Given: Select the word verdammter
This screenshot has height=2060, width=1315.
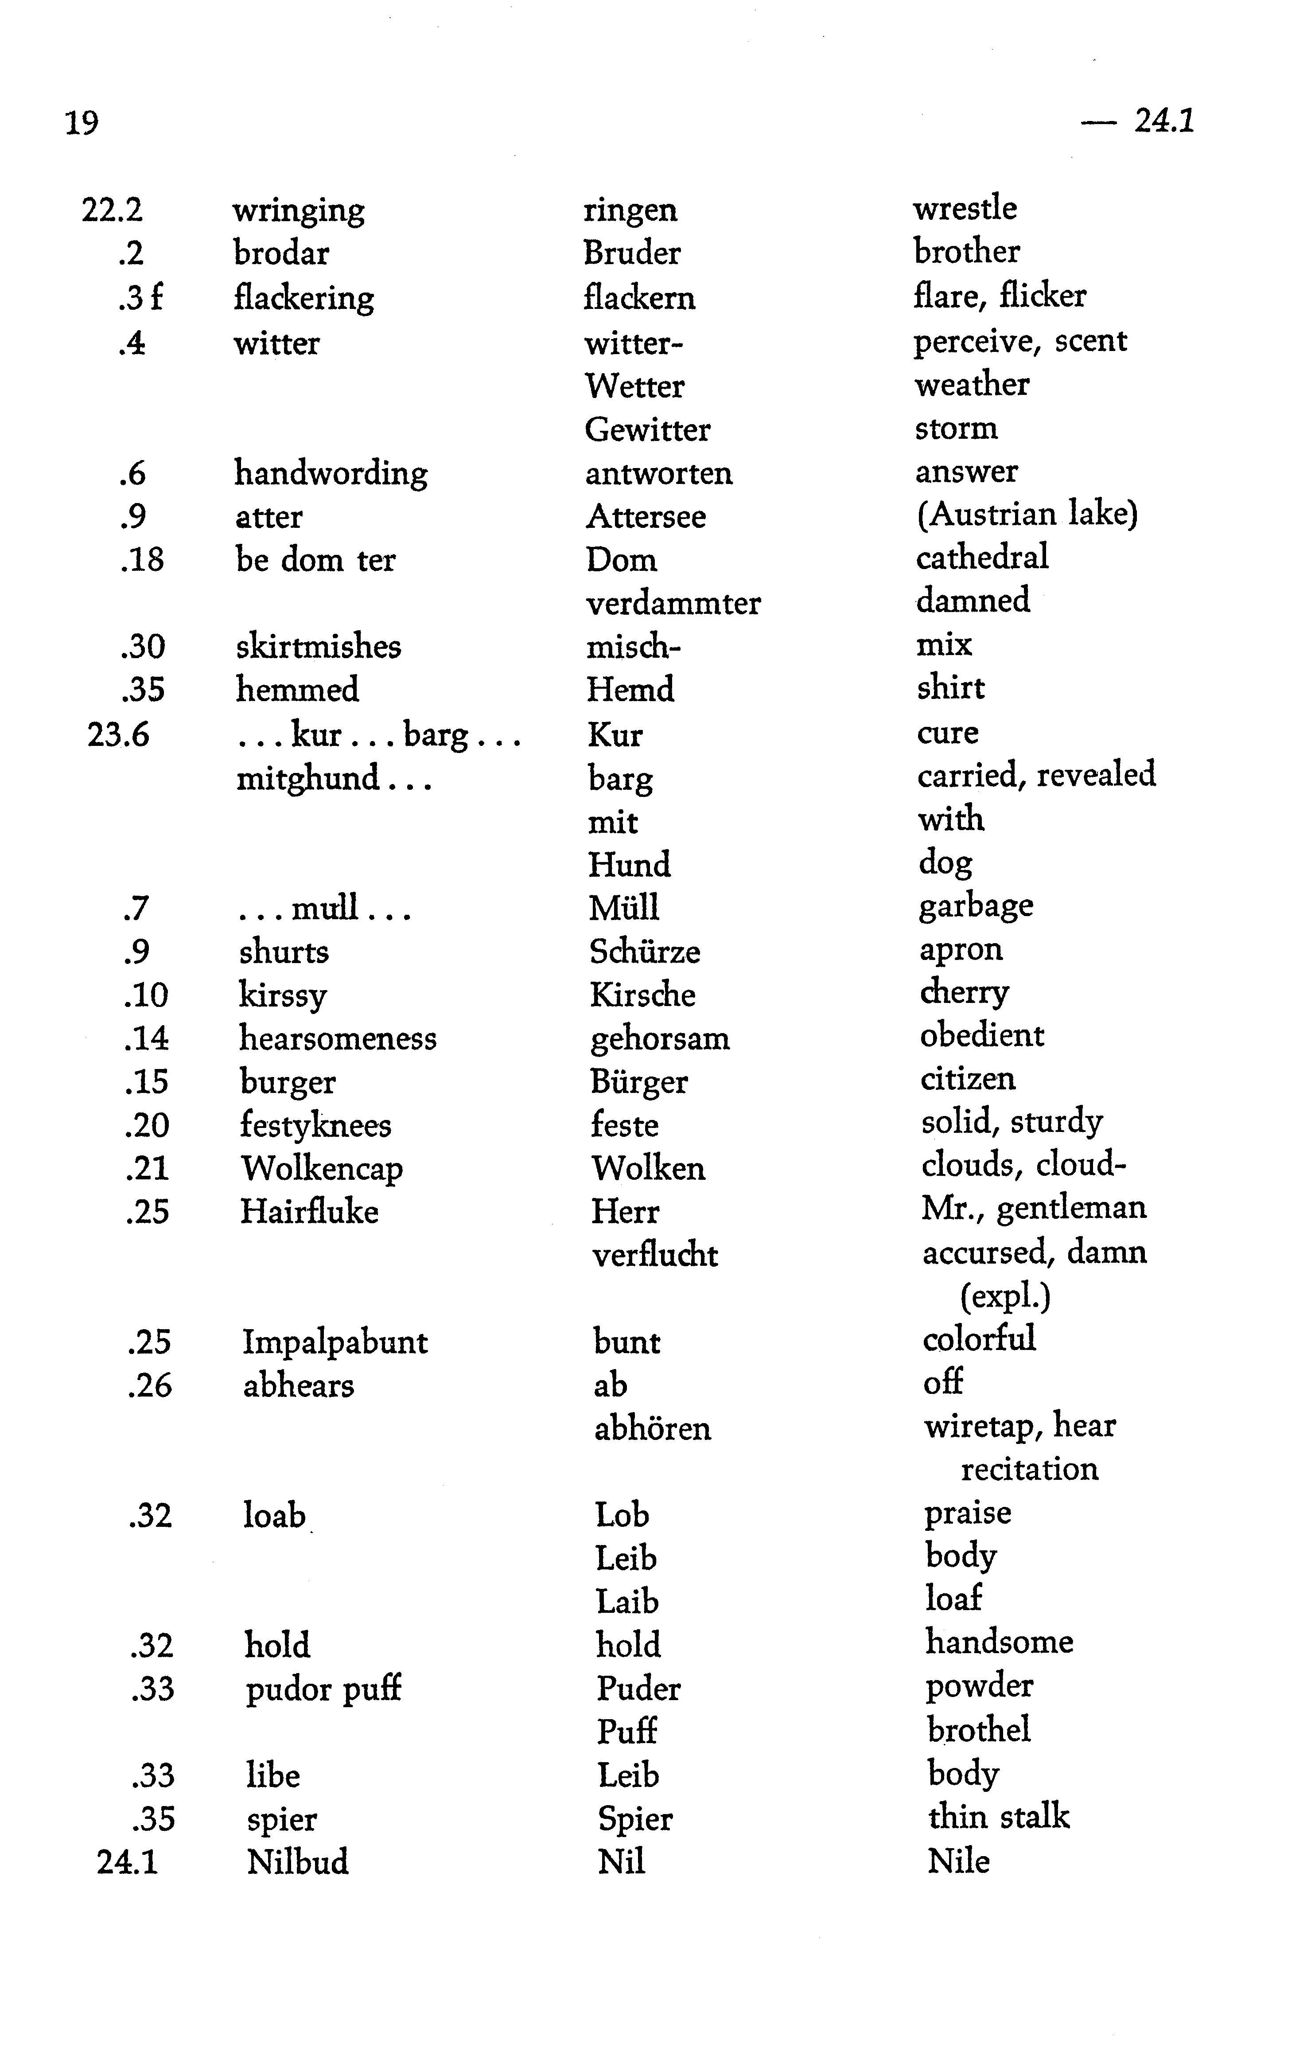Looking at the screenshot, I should tap(673, 603).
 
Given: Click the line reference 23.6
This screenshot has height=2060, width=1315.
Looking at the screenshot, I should tap(118, 734).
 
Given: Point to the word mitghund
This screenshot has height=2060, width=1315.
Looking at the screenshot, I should tap(308, 779).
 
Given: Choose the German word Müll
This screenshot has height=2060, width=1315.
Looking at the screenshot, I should tap(623, 908).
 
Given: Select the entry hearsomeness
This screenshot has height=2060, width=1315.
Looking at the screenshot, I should tap(338, 1038).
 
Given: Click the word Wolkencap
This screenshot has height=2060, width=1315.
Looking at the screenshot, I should tap(322, 1169).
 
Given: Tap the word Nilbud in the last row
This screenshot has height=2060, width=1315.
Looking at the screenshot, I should tap(298, 1861).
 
